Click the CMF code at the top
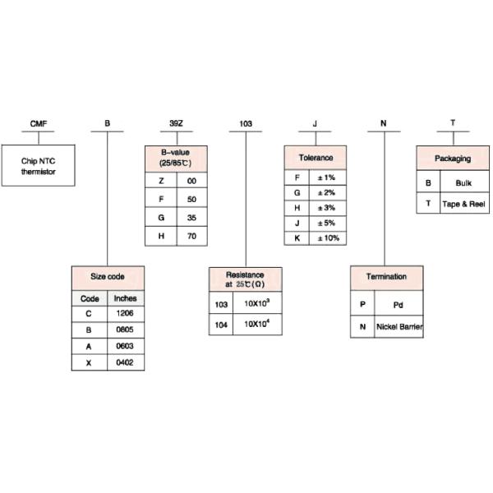(39, 123)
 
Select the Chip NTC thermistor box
(39, 165)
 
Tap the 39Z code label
(176, 123)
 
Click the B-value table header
(176, 159)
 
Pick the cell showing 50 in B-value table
(191, 199)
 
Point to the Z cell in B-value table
(161, 181)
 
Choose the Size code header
(108, 278)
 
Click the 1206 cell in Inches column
(126, 313)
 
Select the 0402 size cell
(126, 362)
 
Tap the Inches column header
(126, 298)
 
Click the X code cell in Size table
(89, 363)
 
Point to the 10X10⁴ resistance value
(257, 325)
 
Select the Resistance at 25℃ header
(245, 279)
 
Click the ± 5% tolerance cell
(328, 223)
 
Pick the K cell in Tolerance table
(297, 238)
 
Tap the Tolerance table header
(316, 158)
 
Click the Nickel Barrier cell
(399, 327)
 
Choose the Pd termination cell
(399, 304)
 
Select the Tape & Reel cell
(464, 204)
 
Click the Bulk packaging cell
(464, 182)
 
